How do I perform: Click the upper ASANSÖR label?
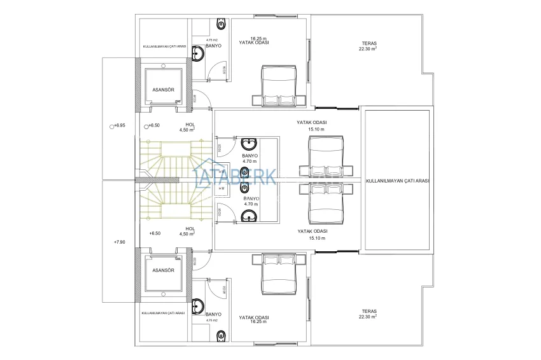tap(163, 90)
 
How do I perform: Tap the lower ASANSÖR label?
tap(163, 270)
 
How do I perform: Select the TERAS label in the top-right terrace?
tap(363, 43)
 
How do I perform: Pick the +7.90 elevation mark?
tap(120, 242)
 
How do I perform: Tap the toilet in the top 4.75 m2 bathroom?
tap(221, 25)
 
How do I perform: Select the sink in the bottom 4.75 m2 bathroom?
tap(199, 306)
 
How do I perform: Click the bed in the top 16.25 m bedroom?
tap(280, 88)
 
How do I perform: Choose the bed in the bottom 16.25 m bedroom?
tap(280, 272)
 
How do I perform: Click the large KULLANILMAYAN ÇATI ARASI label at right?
tap(397, 181)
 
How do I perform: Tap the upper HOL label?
tap(190, 125)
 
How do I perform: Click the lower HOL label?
tap(190, 228)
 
